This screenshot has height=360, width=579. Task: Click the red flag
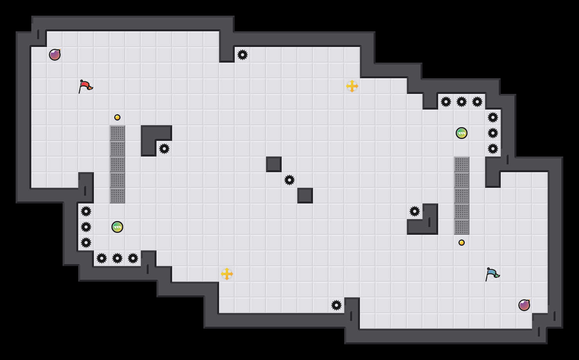pyautogui.click(x=85, y=86)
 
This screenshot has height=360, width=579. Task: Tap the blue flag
pyautogui.click(x=492, y=274)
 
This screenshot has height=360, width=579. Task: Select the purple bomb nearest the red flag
pyautogui.click(x=55, y=55)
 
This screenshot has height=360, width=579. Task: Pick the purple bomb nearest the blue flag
pyautogui.click(x=524, y=305)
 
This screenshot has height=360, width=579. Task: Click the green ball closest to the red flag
pyautogui.click(x=117, y=227)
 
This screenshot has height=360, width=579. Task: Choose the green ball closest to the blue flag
pyautogui.click(x=462, y=133)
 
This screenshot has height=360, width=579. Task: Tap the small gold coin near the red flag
pyautogui.click(x=117, y=117)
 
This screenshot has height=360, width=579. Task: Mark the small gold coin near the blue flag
pyautogui.click(x=462, y=243)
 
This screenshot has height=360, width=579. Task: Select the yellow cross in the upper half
pyautogui.click(x=352, y=86)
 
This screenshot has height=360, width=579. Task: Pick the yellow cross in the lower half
pyautogui.click(x=227, y=274)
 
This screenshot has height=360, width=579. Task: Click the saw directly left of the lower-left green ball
pyautogui.click(x=86, y=227)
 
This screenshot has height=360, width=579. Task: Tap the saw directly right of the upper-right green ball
pyautogui.click(x=493, y=133)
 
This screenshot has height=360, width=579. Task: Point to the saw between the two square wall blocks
pyautogui.click(x=289, y=180)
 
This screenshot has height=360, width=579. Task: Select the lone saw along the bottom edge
pyautogui.click(x=336, y=305)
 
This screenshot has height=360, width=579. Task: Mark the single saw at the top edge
pyautogui.click(x=243, y=55)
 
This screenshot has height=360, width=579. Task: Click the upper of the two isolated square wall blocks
pyautogui.click(x=274, y=164)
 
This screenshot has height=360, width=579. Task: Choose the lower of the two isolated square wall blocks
pyautogui.click(x=305, y=196)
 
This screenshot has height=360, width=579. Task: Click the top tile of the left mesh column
pyautogui.click(x=117, y=133)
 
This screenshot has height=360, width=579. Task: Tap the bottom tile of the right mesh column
pyautogui.click(x=462, y=227)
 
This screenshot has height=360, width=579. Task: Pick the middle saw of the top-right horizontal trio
pyautogui.click(x=462, y=102)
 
